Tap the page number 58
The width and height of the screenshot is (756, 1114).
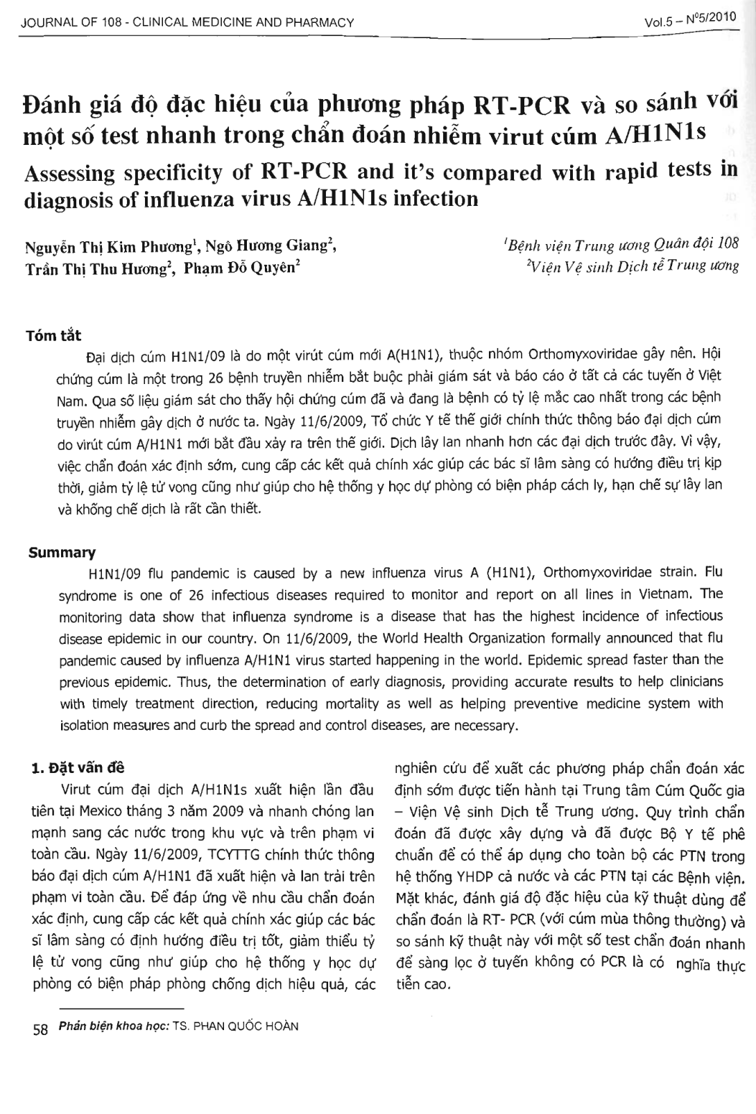(x=40, y=1029)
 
